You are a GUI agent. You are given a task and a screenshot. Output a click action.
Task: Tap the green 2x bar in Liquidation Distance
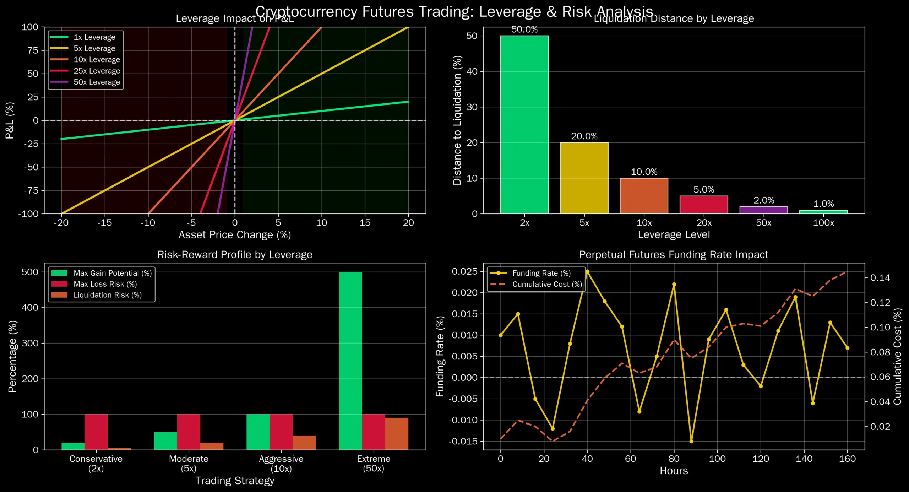(524, 124)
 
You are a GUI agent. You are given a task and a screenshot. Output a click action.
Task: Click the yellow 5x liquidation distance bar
(584, 178)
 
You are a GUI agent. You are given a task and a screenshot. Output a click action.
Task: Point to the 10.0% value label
(644, 172)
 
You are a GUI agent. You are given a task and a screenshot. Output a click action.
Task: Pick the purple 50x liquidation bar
(763, 210)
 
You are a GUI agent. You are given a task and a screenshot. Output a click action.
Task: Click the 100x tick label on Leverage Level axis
(823, 223)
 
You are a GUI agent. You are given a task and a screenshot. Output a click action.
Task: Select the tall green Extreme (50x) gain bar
(350, 361)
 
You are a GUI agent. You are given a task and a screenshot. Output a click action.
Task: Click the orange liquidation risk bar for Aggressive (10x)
(304, 443)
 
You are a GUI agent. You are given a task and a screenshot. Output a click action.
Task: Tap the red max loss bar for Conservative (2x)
(96, 432)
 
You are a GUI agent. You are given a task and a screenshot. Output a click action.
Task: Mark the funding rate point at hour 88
(691, 441)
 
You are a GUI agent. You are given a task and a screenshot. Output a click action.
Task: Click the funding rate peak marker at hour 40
(587, 272)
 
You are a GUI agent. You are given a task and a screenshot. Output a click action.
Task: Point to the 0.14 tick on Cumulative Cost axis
(880, 278)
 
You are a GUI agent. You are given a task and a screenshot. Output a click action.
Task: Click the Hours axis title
(674, 471)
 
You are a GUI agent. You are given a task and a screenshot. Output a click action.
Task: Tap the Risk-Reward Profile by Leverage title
(235, 255)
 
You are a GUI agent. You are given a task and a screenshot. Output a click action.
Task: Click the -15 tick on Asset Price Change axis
(104, 223)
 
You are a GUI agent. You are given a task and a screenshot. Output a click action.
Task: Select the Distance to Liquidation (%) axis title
(457, 120)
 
